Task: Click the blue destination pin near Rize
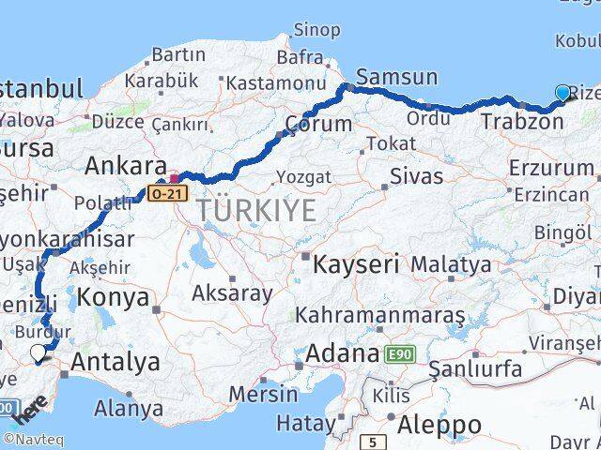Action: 562,93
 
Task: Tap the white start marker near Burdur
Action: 39,352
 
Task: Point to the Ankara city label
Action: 125,167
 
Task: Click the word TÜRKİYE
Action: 256,211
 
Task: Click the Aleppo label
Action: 439,425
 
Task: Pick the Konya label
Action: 115,298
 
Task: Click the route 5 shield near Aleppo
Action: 374,440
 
